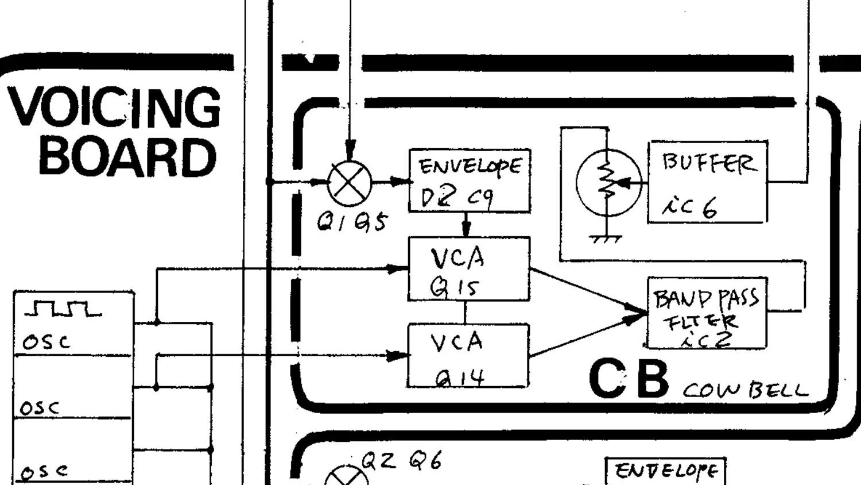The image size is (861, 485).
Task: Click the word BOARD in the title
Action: [127, 157]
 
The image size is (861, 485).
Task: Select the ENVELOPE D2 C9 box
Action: [469, 180]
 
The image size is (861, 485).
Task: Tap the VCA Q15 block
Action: [468, 269]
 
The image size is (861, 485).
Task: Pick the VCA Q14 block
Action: [468, 355]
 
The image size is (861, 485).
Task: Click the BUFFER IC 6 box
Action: [707, 182]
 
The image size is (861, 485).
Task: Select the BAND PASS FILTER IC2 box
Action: [707, 313]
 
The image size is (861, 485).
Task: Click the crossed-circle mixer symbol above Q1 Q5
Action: [350, 183]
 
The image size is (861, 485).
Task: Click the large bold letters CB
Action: [629, 379]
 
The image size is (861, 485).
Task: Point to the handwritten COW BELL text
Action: [745, 391]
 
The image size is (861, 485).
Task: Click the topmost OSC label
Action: [46, 342]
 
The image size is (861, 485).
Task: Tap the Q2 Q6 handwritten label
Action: [401, 460]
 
